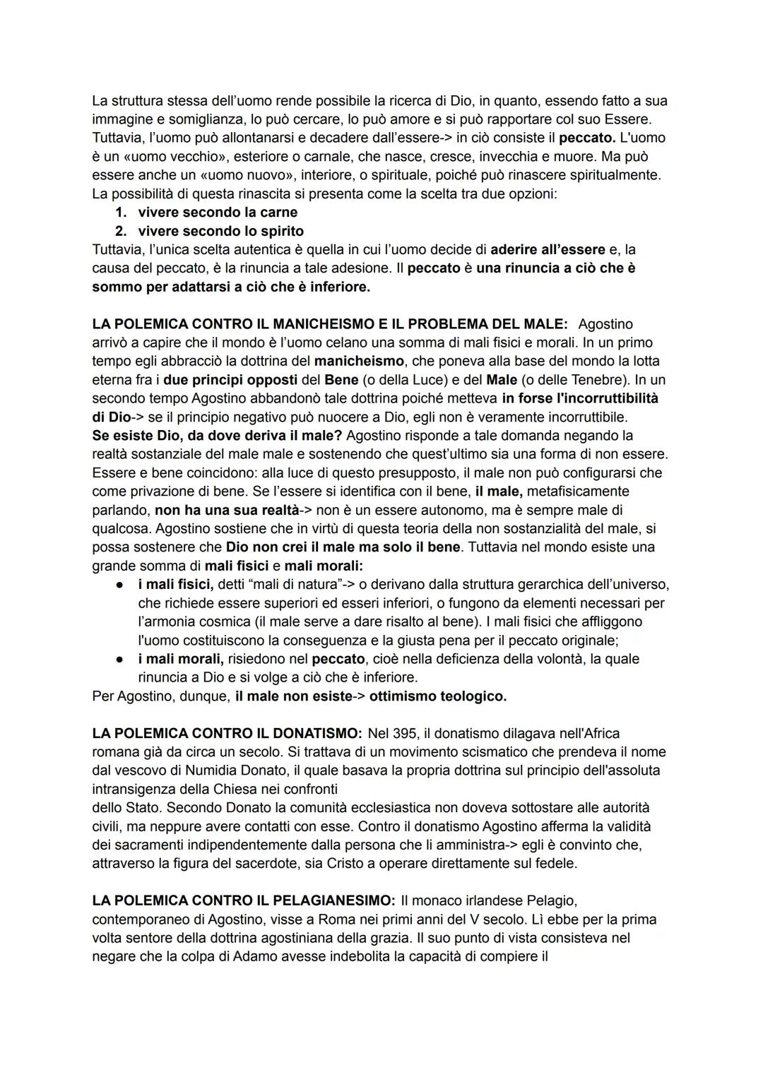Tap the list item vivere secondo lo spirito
click(220, 231)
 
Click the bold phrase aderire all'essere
click(548, 249)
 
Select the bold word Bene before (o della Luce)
click(341, 379)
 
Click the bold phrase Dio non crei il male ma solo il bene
click(343, 547)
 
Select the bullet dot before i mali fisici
click(121, 585)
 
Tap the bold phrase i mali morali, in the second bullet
click(180, 659)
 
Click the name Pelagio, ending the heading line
click(551, 900)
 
